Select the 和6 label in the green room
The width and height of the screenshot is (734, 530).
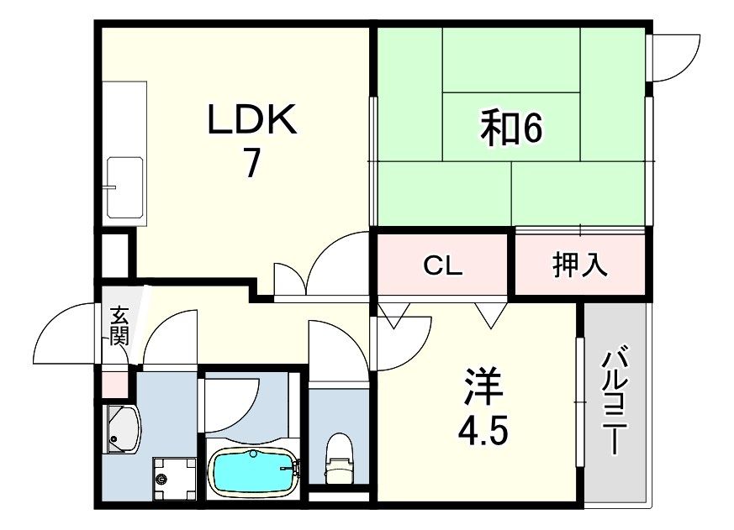click(512, 129)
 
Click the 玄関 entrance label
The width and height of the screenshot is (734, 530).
click(119, 328)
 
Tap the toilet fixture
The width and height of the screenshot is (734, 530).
click(339, 458)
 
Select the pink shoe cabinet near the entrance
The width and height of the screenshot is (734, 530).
click(114, 383)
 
